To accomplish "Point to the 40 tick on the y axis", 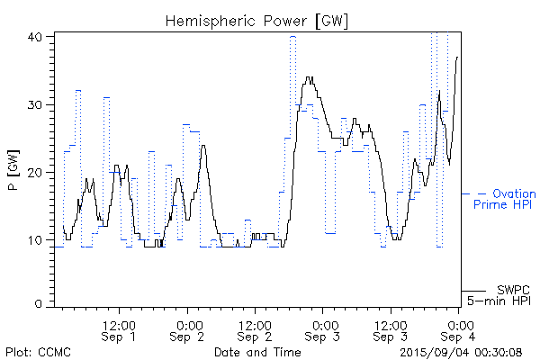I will click(36, 37).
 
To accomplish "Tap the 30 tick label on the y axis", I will click(36, 104).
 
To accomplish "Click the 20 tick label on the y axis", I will click(36, 172).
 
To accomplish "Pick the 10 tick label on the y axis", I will click(36, 239).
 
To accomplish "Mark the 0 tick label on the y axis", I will click(40, 305).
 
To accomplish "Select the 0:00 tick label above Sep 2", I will click(189, 324).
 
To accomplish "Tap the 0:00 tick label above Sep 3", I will click(323, 324).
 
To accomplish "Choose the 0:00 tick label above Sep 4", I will click(460, 324).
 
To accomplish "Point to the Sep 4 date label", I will click(460, 337).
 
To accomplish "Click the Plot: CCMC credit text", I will click(37, 351).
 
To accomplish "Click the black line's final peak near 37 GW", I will click(457, 57).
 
